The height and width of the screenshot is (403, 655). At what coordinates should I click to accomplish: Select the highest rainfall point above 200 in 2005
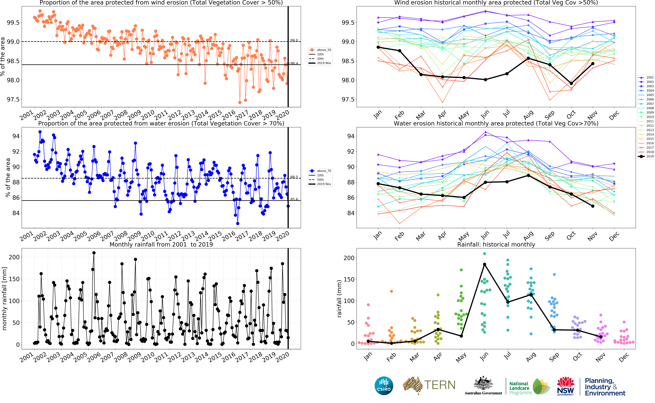click(x=94, y=253)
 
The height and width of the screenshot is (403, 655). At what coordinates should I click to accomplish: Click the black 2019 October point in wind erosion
click(x=571, y=83)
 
